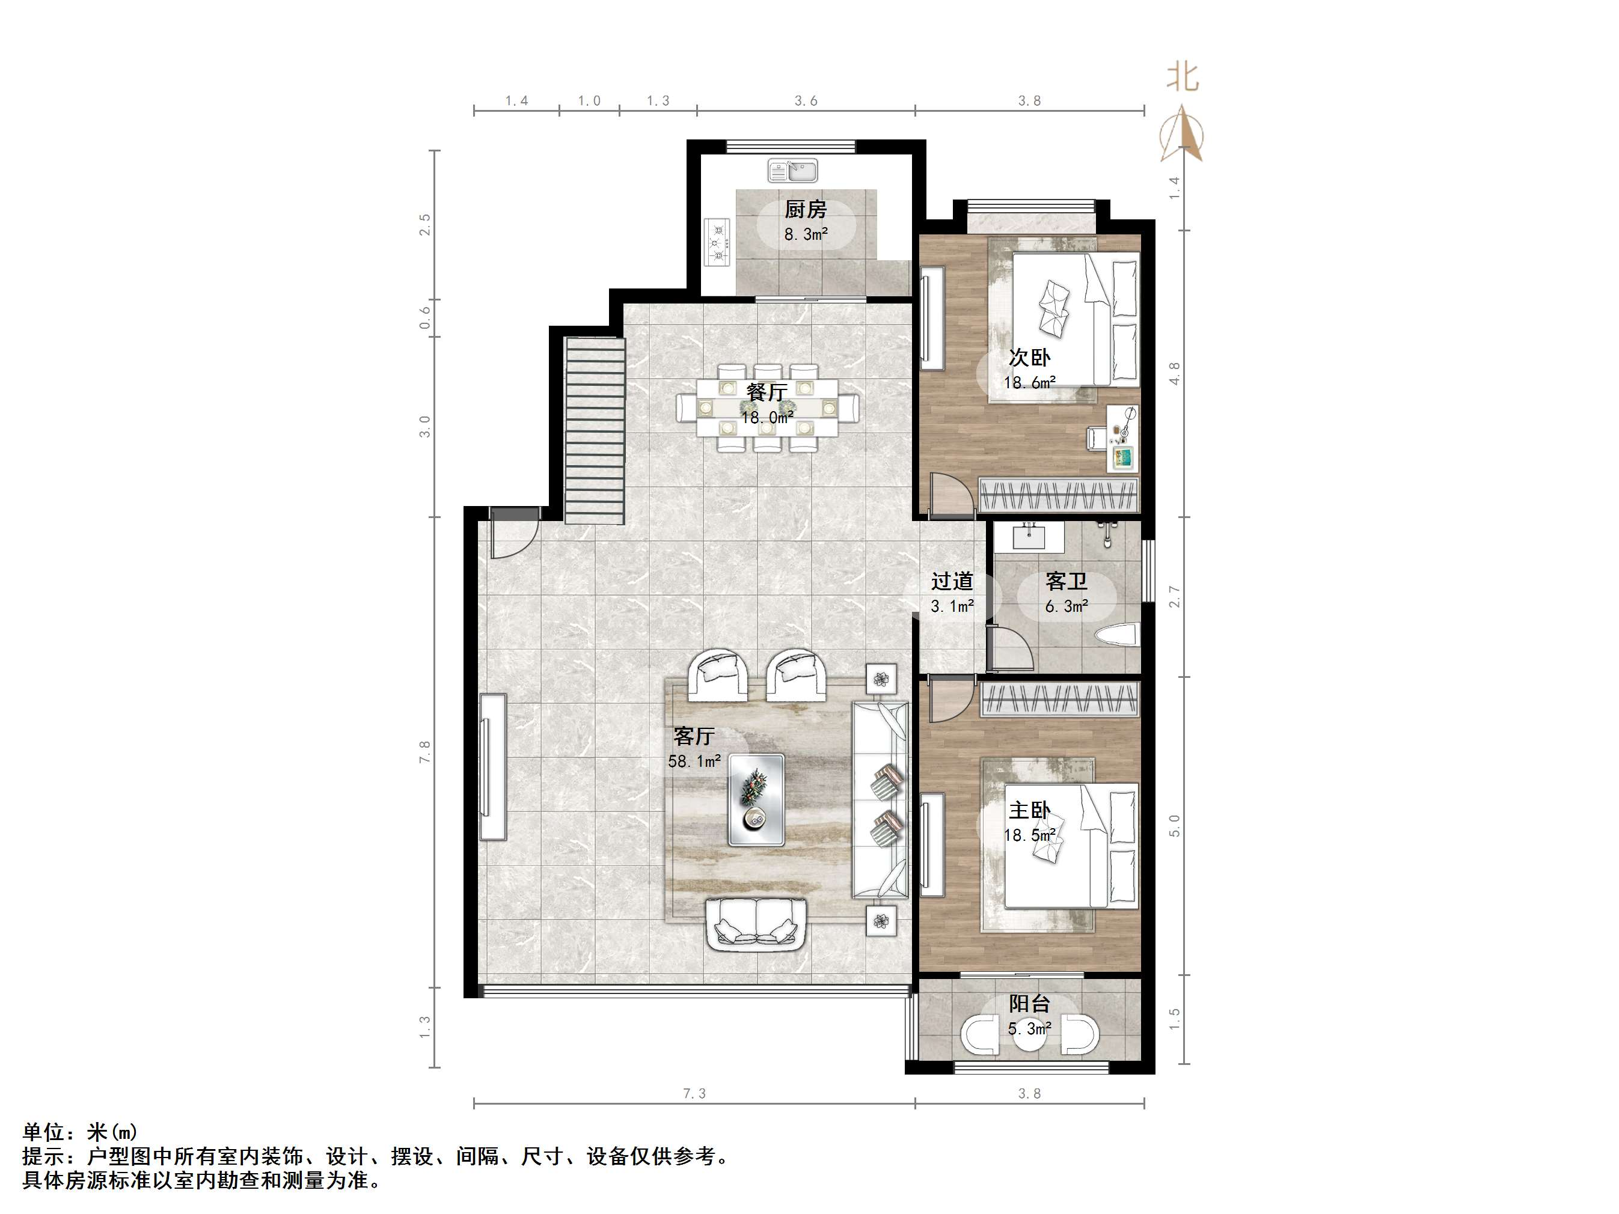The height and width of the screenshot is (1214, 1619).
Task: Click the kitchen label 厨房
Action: point(805,210)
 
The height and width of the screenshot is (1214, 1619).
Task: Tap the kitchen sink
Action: point(792,171)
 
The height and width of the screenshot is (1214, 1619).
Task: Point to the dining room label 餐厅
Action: point(767,393)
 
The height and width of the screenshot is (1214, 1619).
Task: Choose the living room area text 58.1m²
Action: point(694,762)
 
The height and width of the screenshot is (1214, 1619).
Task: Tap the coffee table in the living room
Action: point(756,799)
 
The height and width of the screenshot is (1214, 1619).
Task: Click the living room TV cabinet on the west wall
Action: point(492,766)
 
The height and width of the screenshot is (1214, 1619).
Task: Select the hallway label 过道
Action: point(952,582)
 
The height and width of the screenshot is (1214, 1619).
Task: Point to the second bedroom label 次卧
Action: point(1029,358)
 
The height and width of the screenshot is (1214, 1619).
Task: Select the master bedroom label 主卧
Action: point(1029,810)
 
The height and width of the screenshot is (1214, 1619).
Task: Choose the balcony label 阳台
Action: point(1029,1003)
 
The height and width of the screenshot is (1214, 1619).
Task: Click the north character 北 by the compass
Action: point(1182,77)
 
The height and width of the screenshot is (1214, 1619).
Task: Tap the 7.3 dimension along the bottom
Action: point(694,1094)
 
